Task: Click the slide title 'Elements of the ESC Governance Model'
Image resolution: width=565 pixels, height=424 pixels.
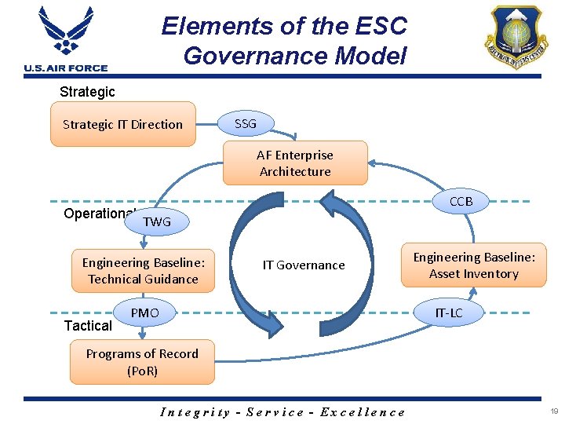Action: point(285,41)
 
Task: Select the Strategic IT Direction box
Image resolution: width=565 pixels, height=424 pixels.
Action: point(122,124)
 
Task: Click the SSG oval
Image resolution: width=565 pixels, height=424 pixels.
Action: point(246,123)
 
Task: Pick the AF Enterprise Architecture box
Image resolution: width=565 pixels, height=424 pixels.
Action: point(295,163)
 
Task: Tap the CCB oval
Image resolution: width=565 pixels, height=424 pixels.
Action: point(461,202)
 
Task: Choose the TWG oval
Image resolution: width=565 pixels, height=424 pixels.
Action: point(157,222)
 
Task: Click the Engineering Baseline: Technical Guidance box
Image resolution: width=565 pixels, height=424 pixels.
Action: point(143,271)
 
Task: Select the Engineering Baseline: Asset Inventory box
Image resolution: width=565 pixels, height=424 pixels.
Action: point(474,265)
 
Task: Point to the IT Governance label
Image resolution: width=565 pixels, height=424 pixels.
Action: point(303,265)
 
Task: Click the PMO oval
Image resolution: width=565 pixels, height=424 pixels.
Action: point(144,313)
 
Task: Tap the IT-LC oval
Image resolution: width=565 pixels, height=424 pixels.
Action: point(449,313)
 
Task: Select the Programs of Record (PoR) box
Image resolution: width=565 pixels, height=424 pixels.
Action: point(142,362)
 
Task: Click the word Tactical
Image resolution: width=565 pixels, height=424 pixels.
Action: point(88,325)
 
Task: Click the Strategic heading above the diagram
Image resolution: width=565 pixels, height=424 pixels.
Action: point(87,92)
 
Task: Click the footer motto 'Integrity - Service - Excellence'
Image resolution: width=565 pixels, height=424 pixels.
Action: point(282,411)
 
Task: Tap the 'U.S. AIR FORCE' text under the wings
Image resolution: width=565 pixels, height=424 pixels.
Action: point(66,68)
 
